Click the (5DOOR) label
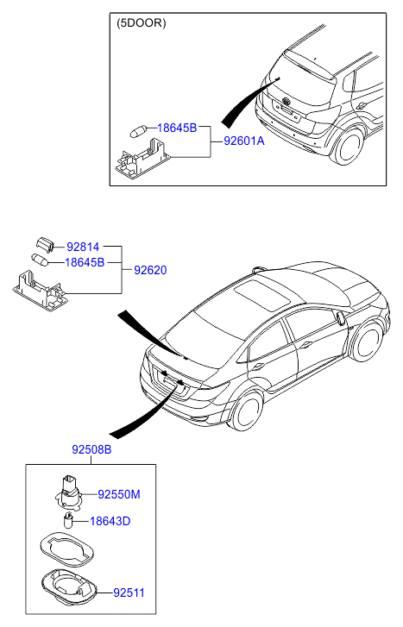tap(141, 23)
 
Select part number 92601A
tap(244, 141)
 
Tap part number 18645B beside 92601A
tap(177, 128)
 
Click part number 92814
tap(83, 247)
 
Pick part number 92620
tap(150, 270)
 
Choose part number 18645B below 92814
tap(85, 262)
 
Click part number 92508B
tap(91, 449)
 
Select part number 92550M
tap(119, 495)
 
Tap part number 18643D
tap(110, 521)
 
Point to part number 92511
tap(129, 593)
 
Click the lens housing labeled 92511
tap(69, 588)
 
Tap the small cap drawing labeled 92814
tap(44, 244)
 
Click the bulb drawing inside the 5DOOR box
tap(138, 130)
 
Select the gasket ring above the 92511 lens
tap(67, 549)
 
